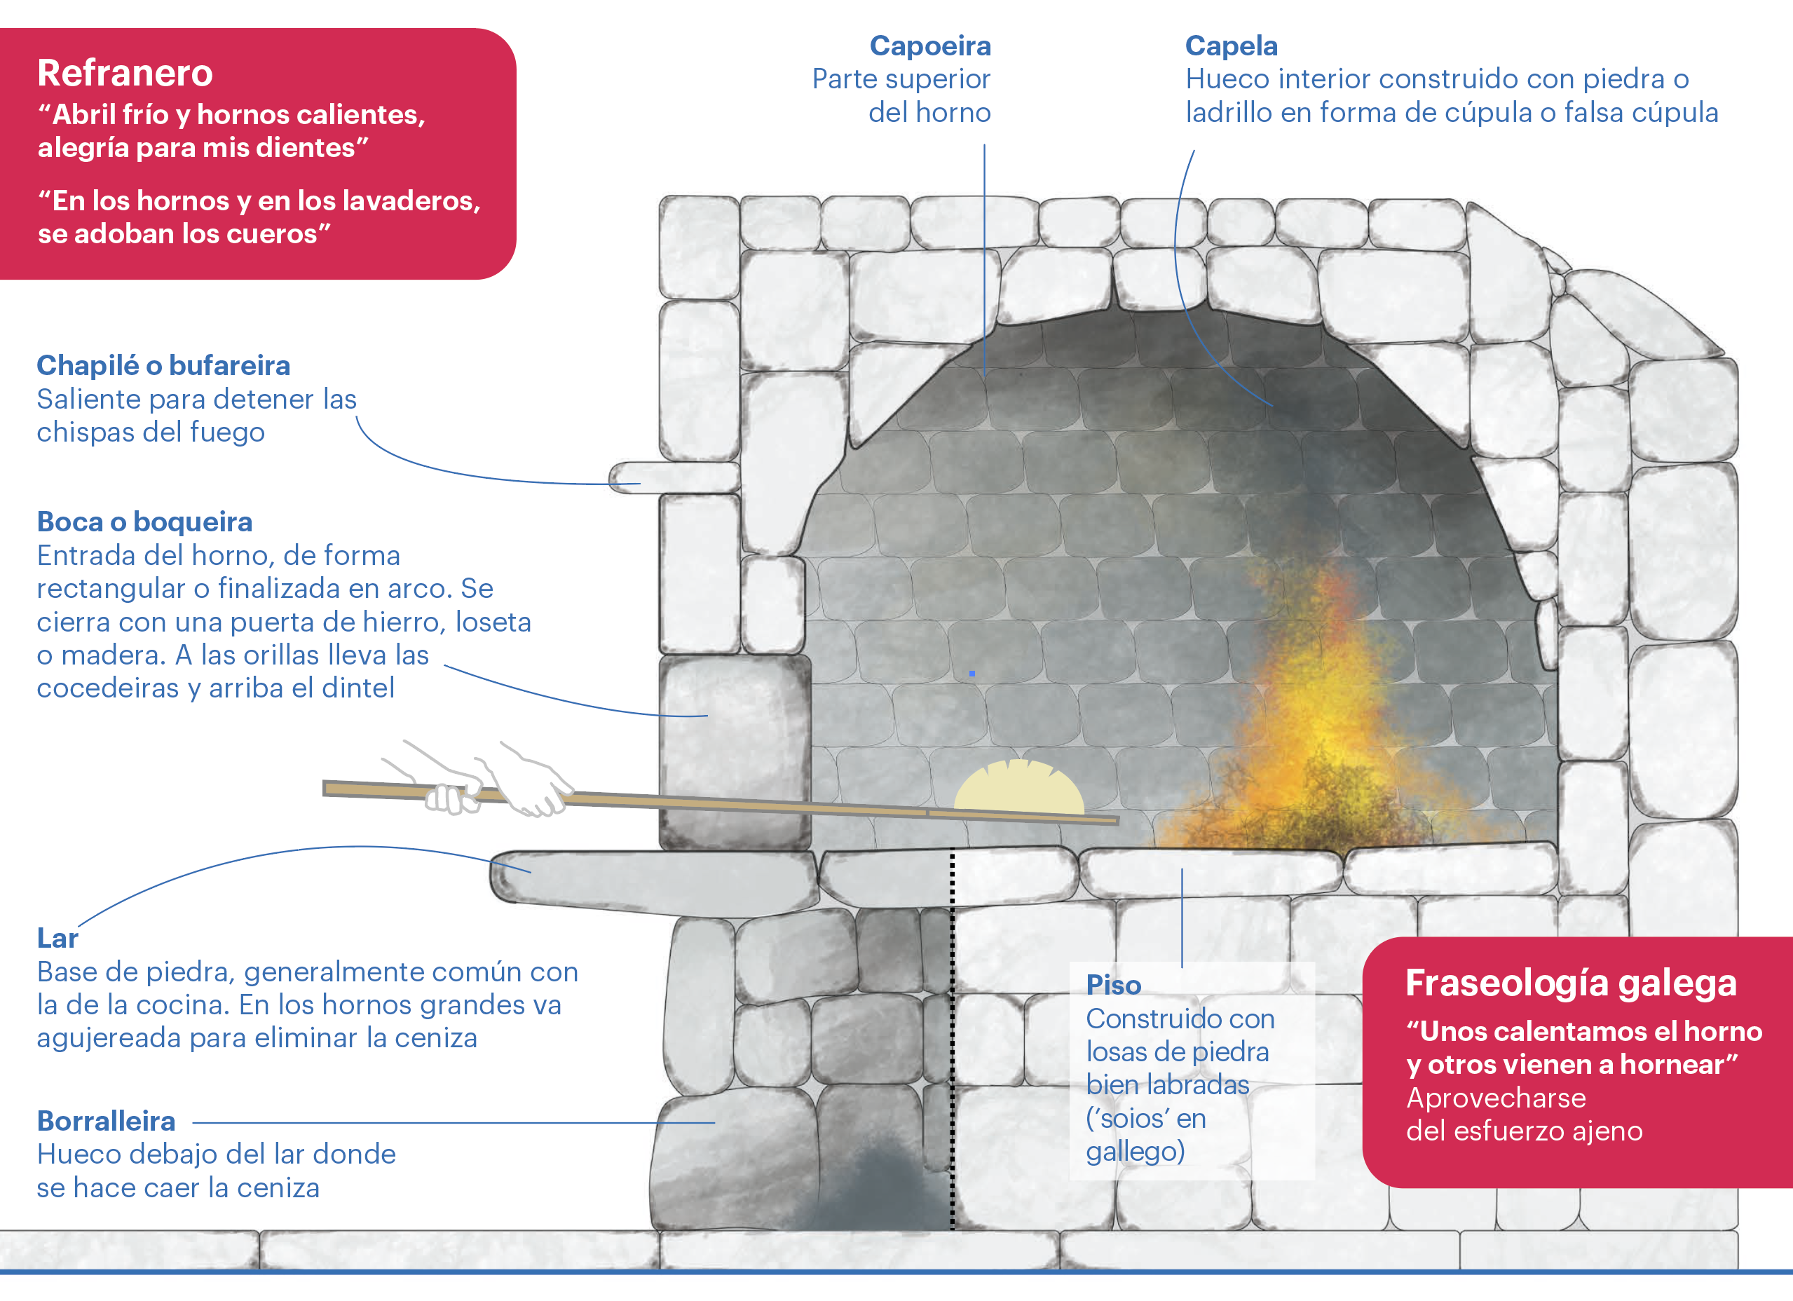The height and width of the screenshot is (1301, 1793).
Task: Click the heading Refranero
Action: pyautogui.click(x=125, y=74)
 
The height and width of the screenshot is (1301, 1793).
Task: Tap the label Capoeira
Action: pyautogui.click(x=929, y=46)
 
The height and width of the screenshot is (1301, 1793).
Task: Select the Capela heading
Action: pyautogui.click(x=1231, y=46)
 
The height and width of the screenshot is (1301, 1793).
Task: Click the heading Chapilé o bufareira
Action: pyautogui.click(x=163, y=365)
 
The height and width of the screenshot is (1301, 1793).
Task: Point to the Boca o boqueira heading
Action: pyautogui.click(x=144, y=522)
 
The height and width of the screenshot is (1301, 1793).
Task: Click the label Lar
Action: pyautogui.click(x=57, y=938)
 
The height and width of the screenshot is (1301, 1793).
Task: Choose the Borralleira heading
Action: pyautogui.click(x=106, y=1121)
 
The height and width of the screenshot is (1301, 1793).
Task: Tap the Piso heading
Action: pyautogui.click(x=1113, y=985)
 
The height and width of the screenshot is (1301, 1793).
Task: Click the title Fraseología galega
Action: pyautogui.click(x=1571, y=983)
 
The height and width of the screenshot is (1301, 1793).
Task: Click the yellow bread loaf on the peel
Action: pyautogui.click(x=1018, y=789)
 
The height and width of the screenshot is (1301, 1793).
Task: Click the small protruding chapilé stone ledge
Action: pyautogui.click(x=672, y=477)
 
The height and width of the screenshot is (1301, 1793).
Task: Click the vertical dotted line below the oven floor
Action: pyautogui.click(x=952, y=1028)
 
